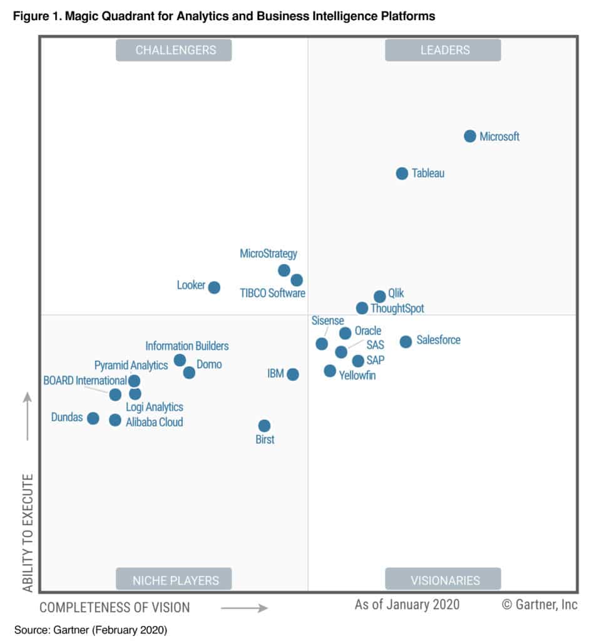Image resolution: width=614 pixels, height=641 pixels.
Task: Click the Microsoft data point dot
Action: [x=470, y=136]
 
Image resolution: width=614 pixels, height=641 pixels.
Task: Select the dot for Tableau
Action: [x=402, y=173]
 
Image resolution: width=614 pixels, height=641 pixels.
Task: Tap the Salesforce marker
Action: [x=406, y=341]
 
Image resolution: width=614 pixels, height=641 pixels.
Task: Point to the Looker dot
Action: [x=214, y=287]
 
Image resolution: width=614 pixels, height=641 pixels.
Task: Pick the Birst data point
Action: [x=264, y=426]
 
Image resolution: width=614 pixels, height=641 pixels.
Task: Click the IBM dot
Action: [x=292, y=374]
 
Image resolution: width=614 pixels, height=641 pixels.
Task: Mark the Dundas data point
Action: [x=93, y=418]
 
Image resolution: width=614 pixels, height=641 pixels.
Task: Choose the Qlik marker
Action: [x=379, y=296]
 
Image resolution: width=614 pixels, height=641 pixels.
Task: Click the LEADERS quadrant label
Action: [x=443, y=50]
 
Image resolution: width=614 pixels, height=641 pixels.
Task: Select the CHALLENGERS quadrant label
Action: [x=173, y=50]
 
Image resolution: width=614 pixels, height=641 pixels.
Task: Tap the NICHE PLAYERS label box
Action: [x=173, y=579]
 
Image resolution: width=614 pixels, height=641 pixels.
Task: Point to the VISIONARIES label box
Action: [x=443, y=579]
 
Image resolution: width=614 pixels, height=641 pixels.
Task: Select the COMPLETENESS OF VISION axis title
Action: [x=115, y=607]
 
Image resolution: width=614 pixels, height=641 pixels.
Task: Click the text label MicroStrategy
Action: [x=269, y=254]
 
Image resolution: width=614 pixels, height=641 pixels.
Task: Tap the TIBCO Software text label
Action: [x=273, y=293]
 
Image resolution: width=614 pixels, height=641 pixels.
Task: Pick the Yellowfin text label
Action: [x=357, y=376]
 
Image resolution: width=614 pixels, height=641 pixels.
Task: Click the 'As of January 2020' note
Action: [x=407, y=604]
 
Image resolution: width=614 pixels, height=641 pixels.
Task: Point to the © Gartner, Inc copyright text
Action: [x=540, y=604]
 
